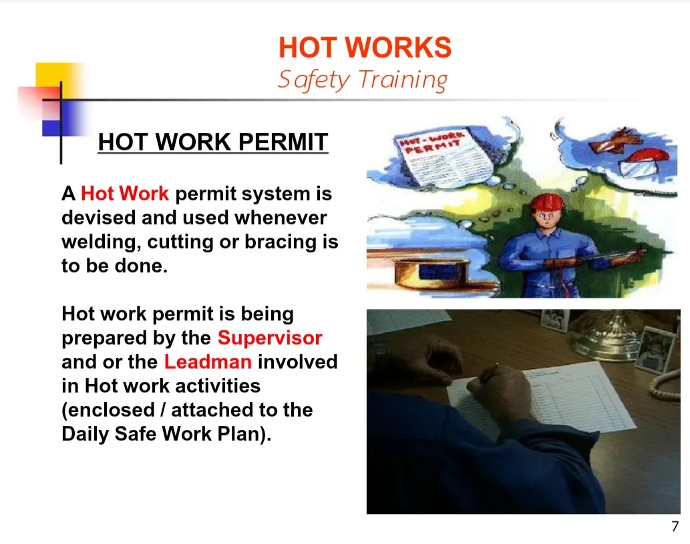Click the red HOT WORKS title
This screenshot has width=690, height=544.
tap(365, 47)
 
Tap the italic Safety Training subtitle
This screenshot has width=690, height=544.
tap(363, 80)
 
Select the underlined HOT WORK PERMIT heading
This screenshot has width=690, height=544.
tap(213, 142)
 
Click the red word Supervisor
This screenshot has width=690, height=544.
tap(270, 338)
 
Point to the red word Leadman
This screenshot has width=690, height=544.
tap(208, 362)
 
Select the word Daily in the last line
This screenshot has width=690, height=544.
tap(85, 434)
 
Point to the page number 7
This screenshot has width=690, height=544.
tap(675, 526)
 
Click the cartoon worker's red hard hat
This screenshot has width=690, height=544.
tap(547, 203)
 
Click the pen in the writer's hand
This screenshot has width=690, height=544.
tap(489, 373)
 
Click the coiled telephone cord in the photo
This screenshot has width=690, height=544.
tap(665, 387)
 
